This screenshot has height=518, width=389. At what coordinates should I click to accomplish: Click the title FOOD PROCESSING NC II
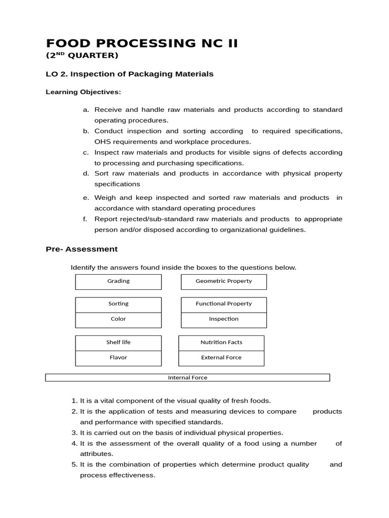pyautogui.click(x=141, y=43)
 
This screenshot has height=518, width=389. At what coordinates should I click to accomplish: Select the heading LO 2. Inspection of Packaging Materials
pyautogui.click(x=130, y=74)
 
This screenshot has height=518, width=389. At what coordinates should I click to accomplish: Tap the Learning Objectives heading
pyautogui.click(x=83, y=92)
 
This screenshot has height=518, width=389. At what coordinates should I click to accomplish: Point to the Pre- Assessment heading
pyautogui.click(x=82, y=249)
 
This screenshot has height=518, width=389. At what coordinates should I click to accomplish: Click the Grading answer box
pyautogui.click(x=119, y=281)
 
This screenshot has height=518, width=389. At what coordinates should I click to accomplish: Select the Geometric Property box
pyautogui.click(x=223, y=281)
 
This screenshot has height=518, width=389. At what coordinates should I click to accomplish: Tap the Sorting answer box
pyautogui.click(x=119, y=304)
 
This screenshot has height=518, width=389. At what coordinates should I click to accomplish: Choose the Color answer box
pyautogui.click(x=119, y=319)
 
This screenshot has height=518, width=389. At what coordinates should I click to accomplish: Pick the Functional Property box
pyautogui.click(x=223, y=304)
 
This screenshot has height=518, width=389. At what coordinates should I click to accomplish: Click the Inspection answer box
pyautogui.click(x=223, y=319)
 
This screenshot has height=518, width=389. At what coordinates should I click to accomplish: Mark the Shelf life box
pyautogui.click(x=119, y=342)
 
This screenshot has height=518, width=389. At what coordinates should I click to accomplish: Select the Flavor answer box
pyautogui.click(x=119, y=358)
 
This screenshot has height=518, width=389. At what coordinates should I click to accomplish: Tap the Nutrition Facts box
pyautogui.click(x=221, y=342)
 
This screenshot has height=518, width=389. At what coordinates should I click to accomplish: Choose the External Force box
pyautogui.click(x=221, y=358)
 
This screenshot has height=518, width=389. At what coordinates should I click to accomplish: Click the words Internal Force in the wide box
pyautogui.click(x=187, y=377)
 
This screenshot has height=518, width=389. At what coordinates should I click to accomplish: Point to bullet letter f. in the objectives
pyautogui.click(x=85, y=219)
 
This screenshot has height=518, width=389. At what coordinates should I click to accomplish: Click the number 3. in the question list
pyautogui.click(x=74, y=433)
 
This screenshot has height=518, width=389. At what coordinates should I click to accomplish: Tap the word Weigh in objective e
pyautogui.click(x=105, y=197)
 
